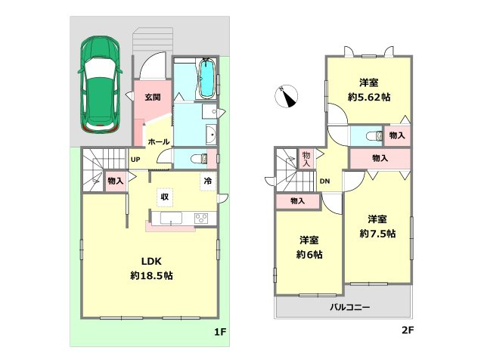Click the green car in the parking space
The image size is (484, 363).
click(100, 85)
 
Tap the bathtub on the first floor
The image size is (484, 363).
click(206, 79)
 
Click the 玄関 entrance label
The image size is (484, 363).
click(153, 98)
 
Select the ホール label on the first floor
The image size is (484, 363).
click(159, 141)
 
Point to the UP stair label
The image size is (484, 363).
click(135, 160)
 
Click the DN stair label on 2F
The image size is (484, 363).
click(324, 181)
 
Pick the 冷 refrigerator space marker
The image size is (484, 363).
click(208, 181)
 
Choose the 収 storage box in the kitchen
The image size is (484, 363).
click(165, 197)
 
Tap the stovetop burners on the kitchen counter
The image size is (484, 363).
click(201, 218)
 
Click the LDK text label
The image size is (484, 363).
click(151, 262)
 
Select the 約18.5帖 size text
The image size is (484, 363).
click(151, 275)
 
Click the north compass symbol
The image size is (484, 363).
click(286, 96)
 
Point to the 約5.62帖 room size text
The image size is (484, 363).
click(369, 98)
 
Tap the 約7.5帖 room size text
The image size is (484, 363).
click(377, 234)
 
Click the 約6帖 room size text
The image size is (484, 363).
click(309, 255)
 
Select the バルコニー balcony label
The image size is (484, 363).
click(349, 308)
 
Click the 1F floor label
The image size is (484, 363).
click(220, 332)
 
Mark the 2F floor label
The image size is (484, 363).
click(408, 330)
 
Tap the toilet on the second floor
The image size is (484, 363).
click(374, 135)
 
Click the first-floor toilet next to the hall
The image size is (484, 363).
click(200, 159)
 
